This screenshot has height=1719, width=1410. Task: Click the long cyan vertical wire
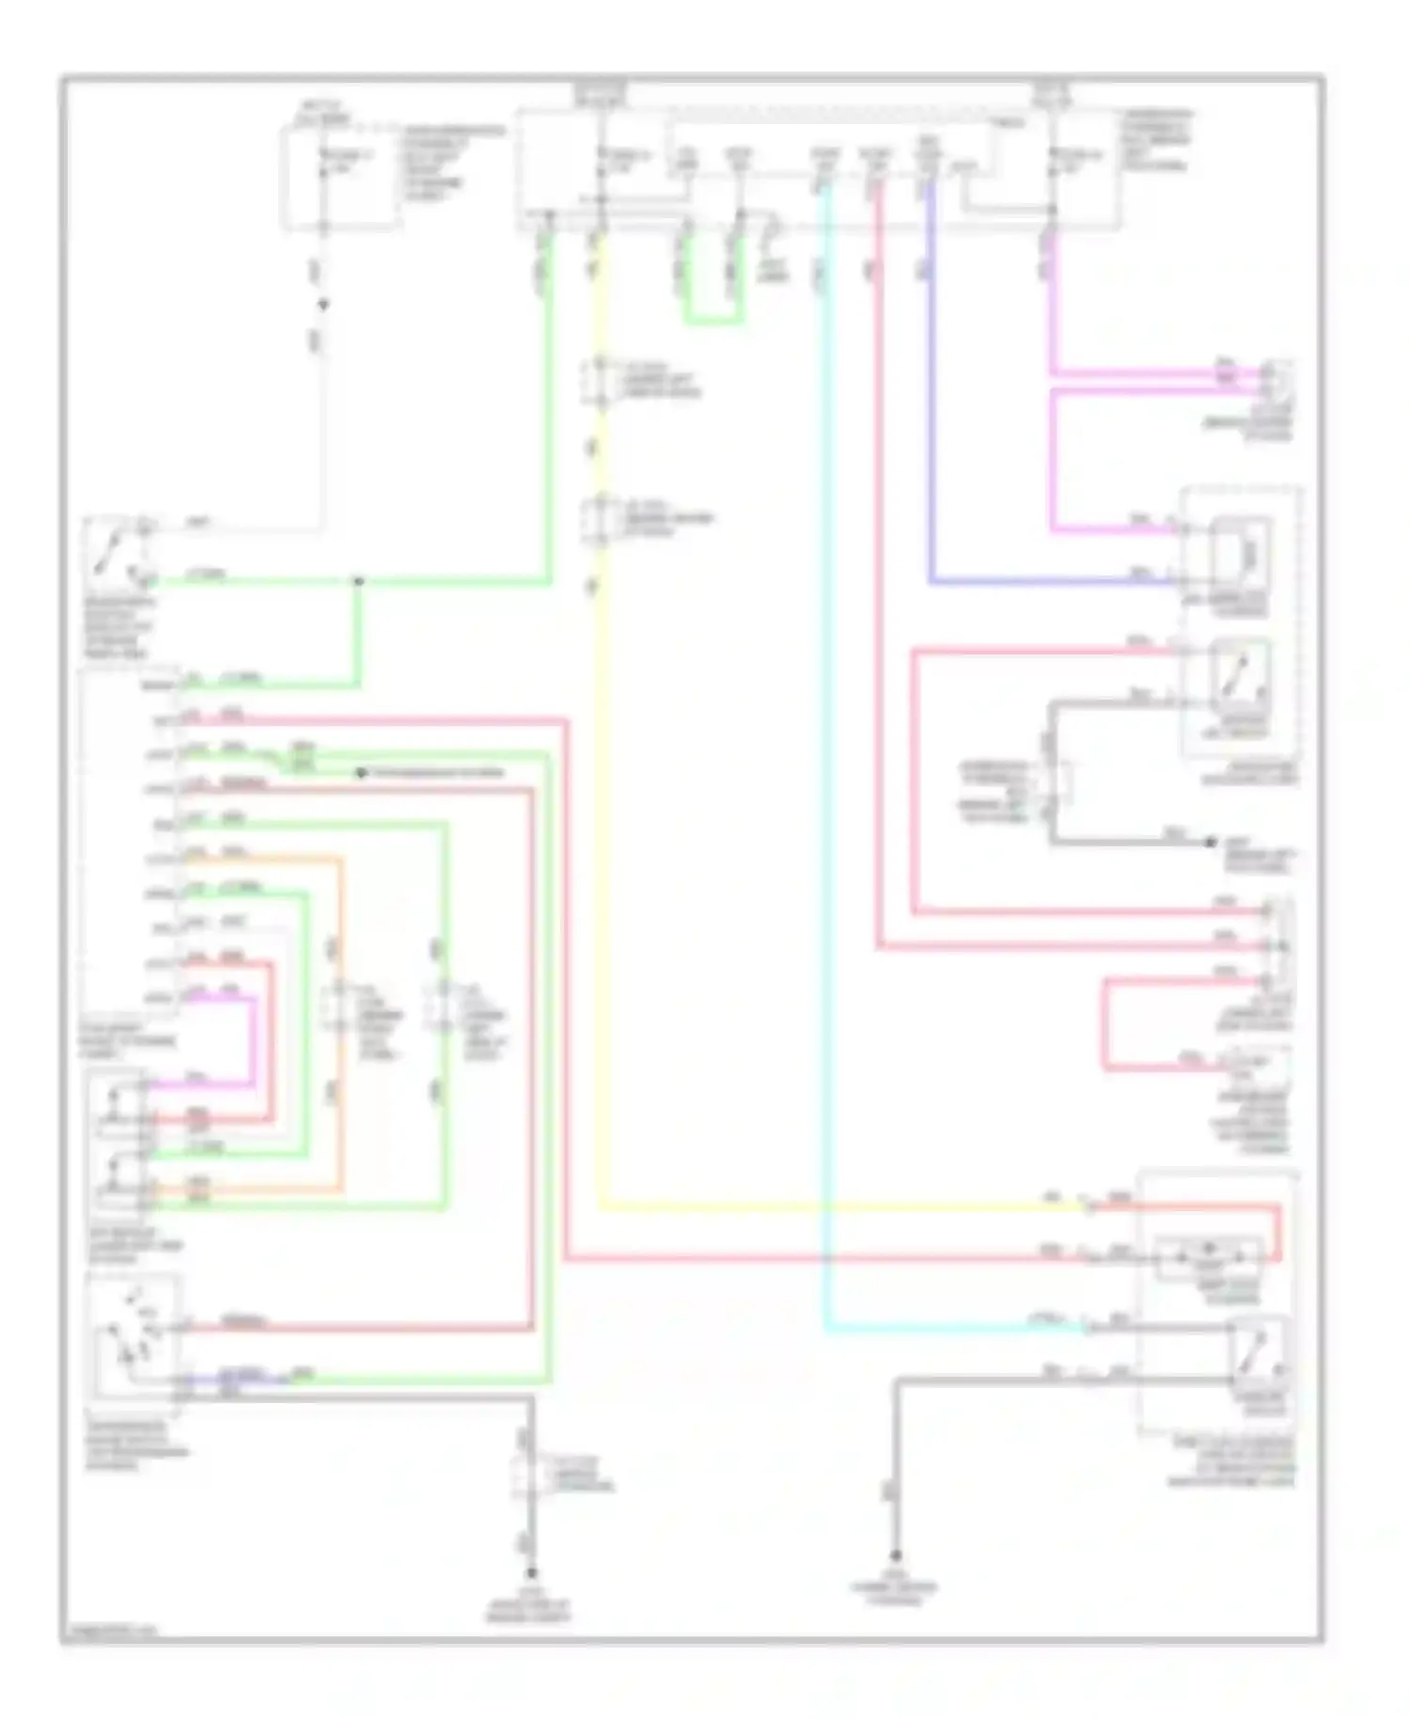[825, 752]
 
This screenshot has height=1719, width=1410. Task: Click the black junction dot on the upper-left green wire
[358, 581]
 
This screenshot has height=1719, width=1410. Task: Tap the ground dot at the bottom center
[531, 1573]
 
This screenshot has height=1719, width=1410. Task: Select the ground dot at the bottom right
[896, 1557]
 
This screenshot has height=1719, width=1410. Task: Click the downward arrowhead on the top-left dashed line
[322, 305]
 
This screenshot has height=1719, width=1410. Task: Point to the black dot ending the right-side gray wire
[1211, 843]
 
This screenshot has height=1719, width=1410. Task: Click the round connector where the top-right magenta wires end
[1277, 381]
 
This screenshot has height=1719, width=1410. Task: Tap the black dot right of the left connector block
[361, 773]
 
